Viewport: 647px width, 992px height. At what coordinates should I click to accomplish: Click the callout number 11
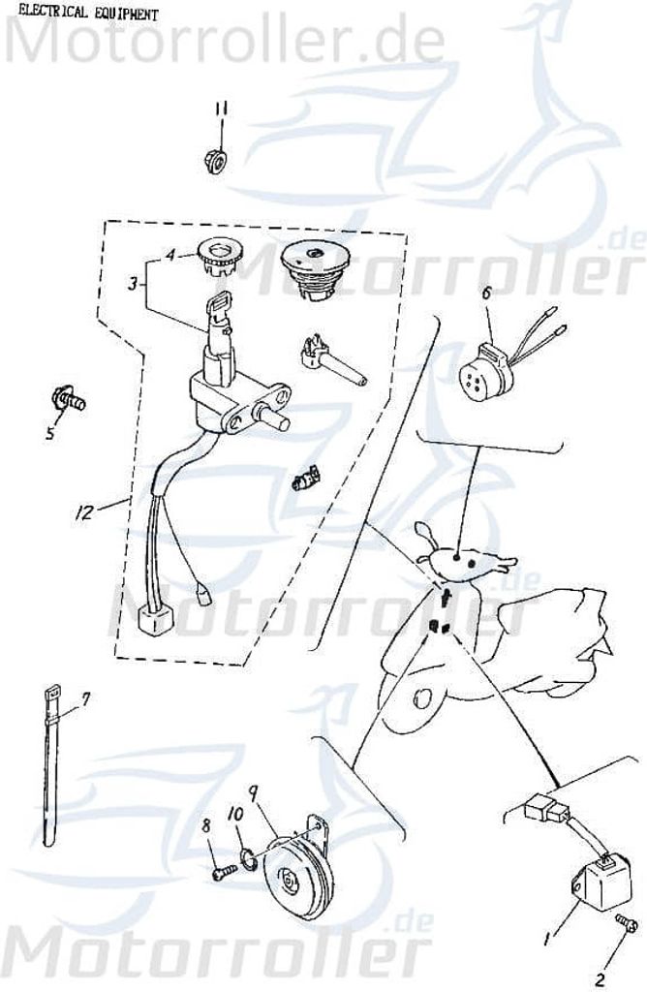220,110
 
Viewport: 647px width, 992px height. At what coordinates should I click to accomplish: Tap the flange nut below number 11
216,162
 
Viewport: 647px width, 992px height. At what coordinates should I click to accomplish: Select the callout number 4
170,255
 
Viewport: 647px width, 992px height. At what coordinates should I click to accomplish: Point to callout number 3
133,284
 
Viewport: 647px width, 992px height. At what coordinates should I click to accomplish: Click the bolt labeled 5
69,398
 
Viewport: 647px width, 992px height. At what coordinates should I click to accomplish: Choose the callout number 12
84,511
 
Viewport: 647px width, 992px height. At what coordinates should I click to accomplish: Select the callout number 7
86,698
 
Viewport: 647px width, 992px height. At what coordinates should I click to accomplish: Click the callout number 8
206,825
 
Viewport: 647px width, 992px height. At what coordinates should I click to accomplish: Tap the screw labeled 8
224,871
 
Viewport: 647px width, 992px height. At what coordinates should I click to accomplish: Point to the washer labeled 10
249,858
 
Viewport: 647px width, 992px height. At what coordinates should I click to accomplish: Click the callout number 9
253,791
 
